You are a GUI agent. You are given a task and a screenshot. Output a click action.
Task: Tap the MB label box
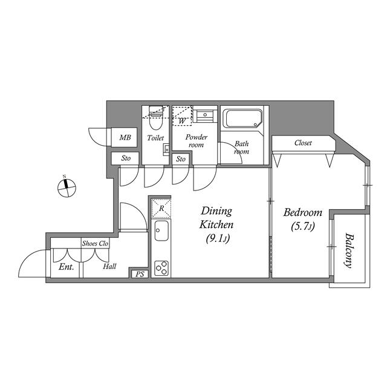click(x=125, y=138)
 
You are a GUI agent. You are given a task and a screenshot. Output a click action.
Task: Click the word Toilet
click(x=155, y=138)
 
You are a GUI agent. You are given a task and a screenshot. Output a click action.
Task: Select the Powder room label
click(x=196, y=141)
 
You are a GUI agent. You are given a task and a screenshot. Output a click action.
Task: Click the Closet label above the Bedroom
click(x=303, y=143)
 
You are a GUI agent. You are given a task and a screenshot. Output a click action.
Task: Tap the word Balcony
click(x=348, y=250)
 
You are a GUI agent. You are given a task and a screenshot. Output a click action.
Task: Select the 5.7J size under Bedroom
click(x=302, y=227)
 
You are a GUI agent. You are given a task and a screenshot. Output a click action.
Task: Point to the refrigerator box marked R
click(x=161, y=208)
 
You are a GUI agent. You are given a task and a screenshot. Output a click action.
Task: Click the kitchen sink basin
click(x=161, y=231)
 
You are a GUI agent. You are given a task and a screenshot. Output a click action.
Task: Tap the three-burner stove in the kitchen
click(x=161, y=267)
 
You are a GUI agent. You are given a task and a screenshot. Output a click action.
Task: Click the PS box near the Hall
click(x=140, y=274)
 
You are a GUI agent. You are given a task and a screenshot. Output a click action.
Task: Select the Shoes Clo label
click(x=95, y=244)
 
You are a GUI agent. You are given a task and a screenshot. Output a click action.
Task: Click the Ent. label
click(x=66, y=267)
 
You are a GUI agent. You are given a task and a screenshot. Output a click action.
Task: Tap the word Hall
click(x=109, y=267)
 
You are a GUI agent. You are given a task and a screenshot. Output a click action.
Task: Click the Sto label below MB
click(x=126, y=158)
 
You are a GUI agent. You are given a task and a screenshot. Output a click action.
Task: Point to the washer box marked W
click(x=182, y=120)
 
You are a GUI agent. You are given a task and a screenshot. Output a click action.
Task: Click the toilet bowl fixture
click(x=155, y=125)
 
